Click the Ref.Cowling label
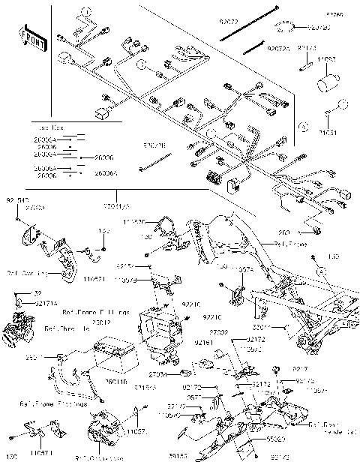tap(29, 273)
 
